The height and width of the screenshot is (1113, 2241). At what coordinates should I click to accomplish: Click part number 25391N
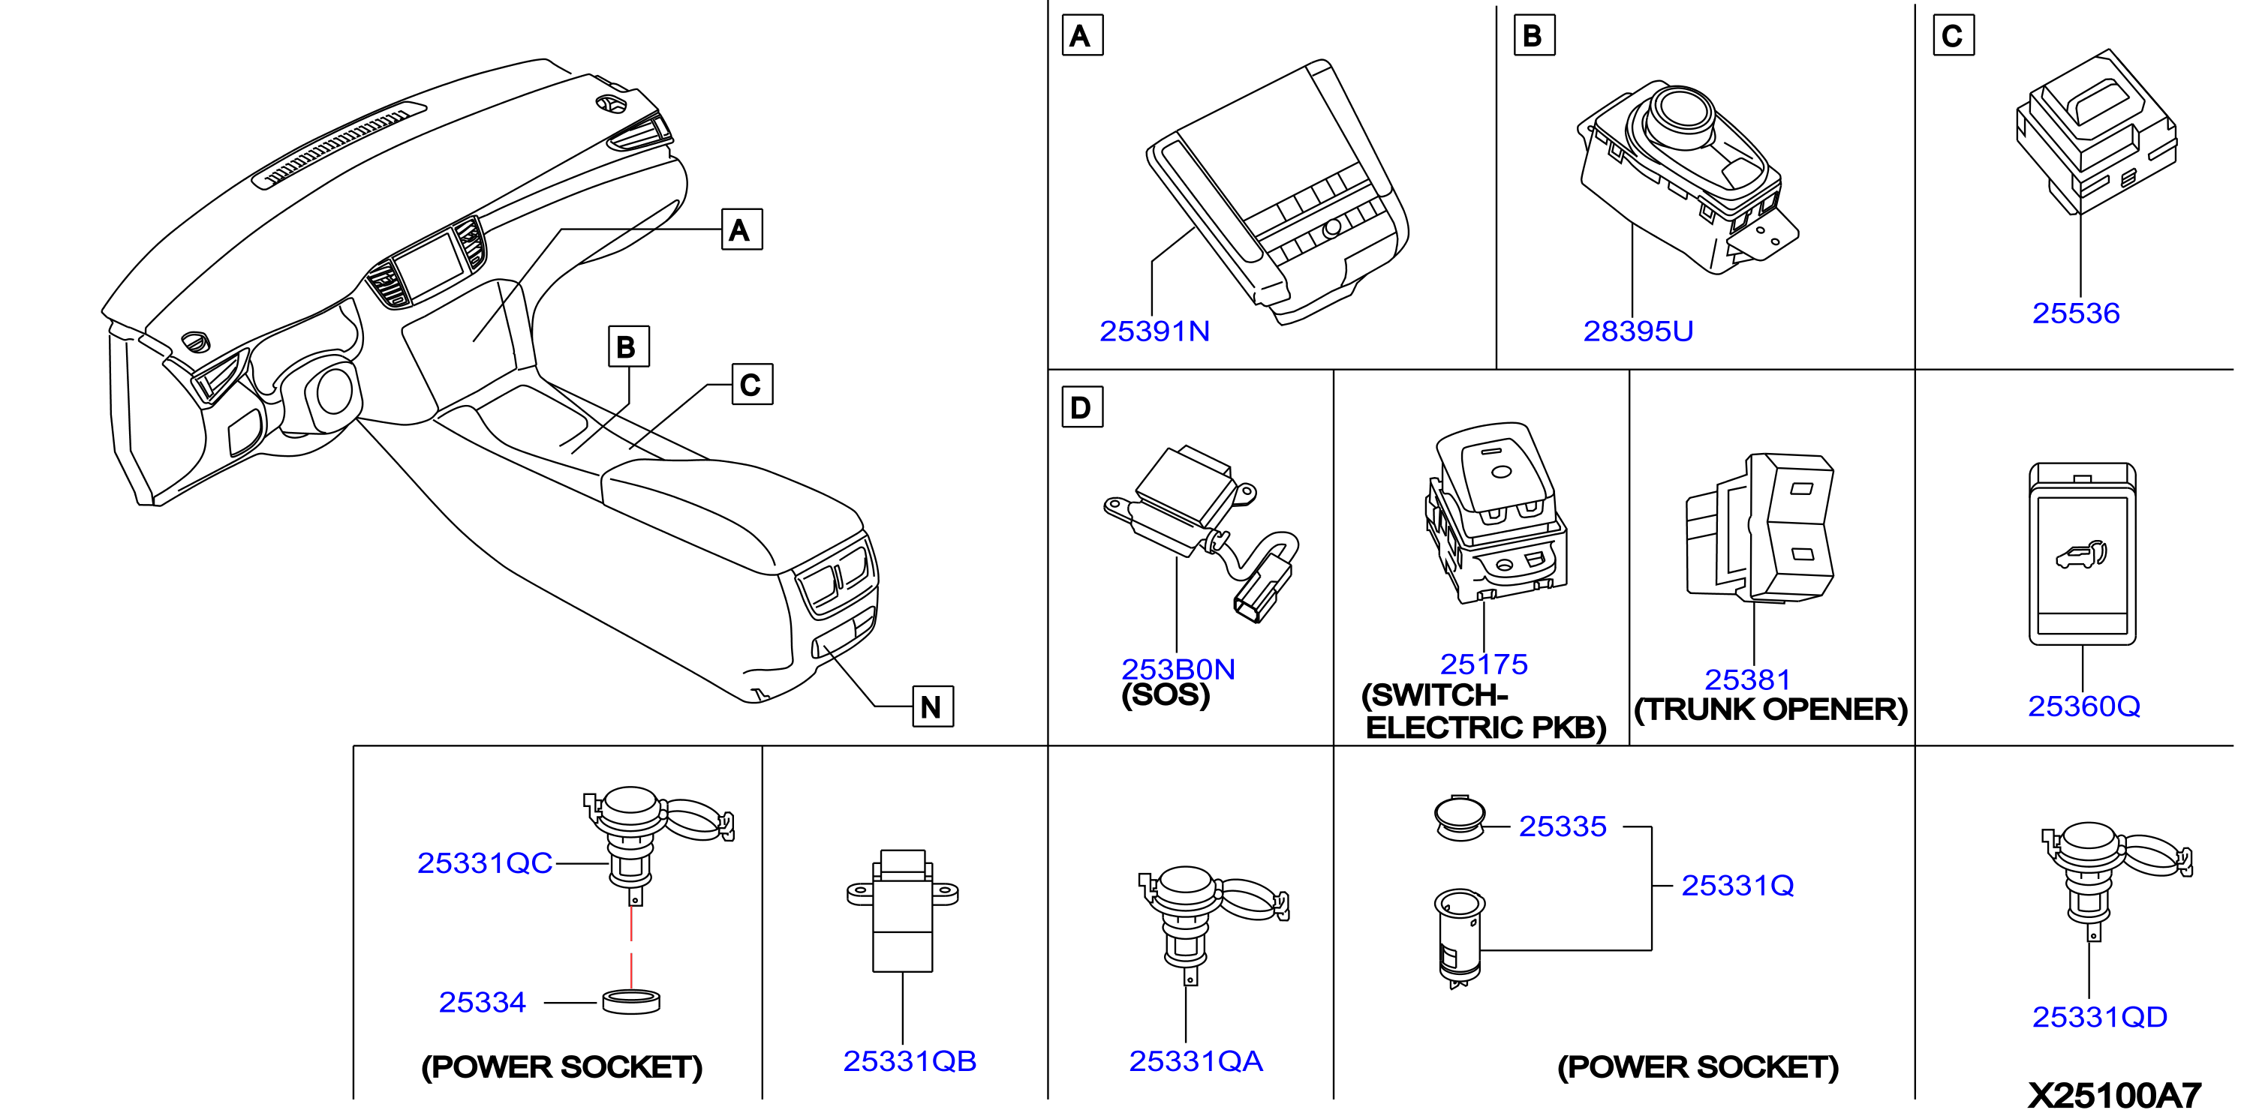[x=1154, y=331]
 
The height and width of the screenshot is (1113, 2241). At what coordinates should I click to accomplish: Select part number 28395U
[x=1638, y=331]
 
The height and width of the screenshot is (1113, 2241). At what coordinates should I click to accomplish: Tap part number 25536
[x=2076, y=313]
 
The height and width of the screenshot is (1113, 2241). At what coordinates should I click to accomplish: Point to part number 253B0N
[x=1178, y=669]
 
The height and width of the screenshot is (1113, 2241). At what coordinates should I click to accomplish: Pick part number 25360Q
[x=2084, y=706]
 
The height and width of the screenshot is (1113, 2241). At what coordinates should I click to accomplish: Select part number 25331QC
[x=485, y=862]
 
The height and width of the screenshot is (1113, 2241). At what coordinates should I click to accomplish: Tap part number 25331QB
[x=910, y=1060]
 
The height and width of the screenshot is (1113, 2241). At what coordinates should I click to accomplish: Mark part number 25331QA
[x=1196, y=1060]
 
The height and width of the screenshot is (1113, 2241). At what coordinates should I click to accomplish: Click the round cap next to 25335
[x=1460, y=817]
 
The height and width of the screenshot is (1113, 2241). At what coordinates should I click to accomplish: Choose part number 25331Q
[x=1737, y=885]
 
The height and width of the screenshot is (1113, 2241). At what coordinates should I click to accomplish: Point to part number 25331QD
[x=2099, y=1016]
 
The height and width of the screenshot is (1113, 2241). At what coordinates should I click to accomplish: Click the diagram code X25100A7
[x=2115, y=1095]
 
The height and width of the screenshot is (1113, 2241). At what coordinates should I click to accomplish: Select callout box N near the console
[x=933, y=706]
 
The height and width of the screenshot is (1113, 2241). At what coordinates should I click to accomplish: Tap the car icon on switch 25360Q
[x=2082, y=555]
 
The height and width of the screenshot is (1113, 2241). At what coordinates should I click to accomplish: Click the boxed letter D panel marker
[x=1082, y=407]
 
